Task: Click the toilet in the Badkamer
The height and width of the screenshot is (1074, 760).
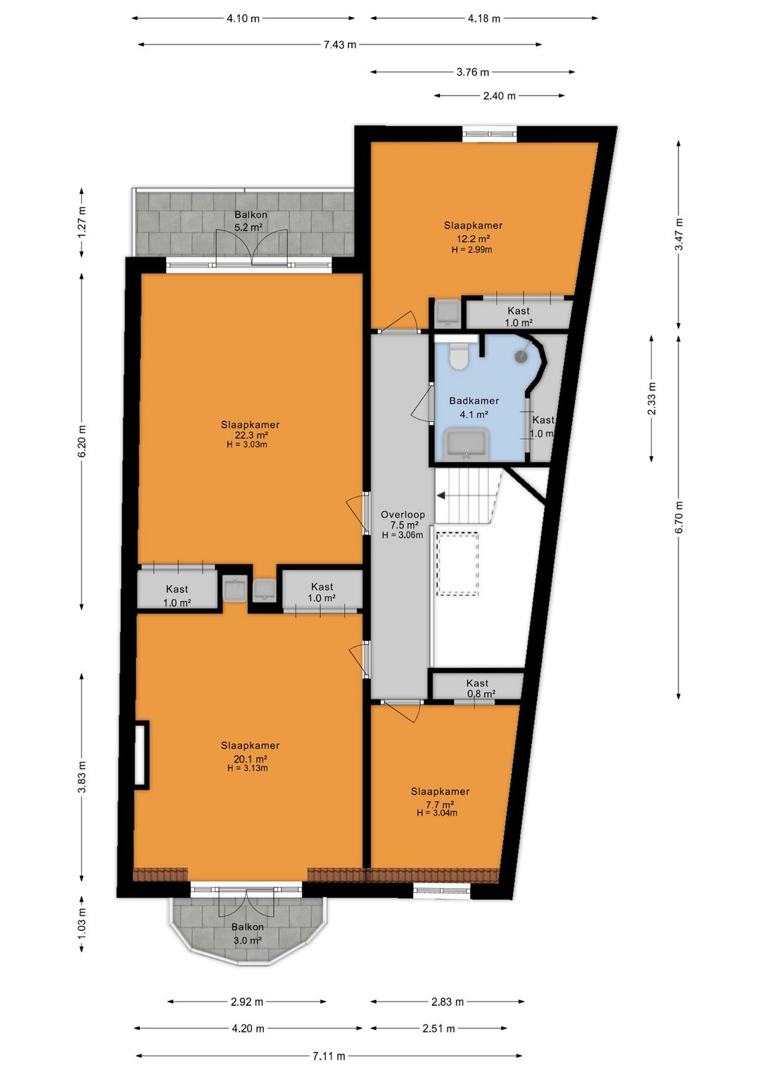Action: [x=459, y=357]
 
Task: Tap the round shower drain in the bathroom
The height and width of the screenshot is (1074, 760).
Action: [x=521, y=355]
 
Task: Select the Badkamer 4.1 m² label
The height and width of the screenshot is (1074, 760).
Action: [x=474, y=407]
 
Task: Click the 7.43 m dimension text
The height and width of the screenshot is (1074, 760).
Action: [x=339, y=44]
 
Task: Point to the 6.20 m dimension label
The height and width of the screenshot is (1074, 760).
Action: [x=82, y=441]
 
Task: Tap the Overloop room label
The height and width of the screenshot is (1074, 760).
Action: [x=403, y=514]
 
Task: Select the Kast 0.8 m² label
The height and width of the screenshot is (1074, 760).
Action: [x=479, y=688]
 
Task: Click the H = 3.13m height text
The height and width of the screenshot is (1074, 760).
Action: [x=248, y=768]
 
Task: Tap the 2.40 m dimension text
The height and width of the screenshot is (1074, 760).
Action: [x=499, y=96]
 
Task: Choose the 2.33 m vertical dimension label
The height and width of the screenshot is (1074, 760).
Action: [x=651, y=398]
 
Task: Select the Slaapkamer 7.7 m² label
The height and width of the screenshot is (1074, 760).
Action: [x=440, y=798]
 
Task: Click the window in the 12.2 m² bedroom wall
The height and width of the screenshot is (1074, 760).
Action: [x=490, y=134]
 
